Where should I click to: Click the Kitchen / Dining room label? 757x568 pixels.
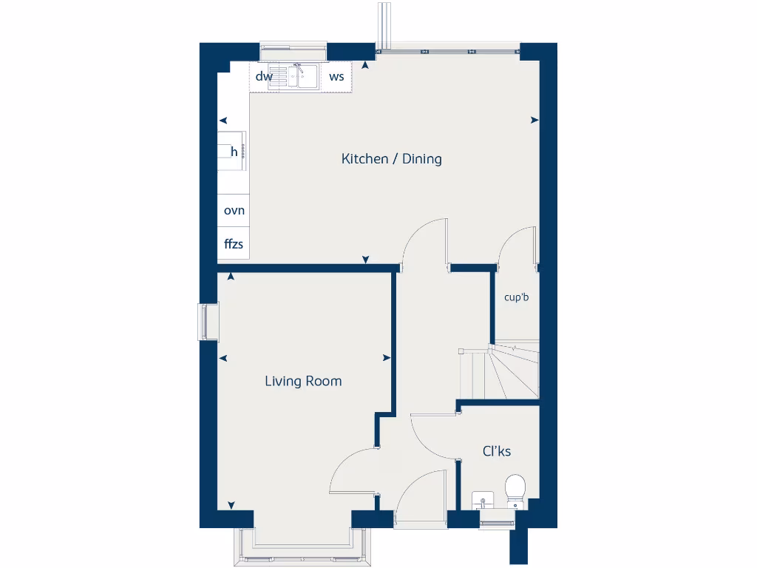point(391,159)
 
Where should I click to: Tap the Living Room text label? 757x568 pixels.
point(303,382)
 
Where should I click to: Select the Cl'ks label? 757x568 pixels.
point(497,451)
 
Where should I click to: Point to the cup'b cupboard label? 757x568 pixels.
point(517,298)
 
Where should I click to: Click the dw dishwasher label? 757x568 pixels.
point(264,76)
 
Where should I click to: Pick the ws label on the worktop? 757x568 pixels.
point(336,76)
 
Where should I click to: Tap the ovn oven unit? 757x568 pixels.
point(234,211)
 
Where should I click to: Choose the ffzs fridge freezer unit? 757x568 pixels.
point(234,243)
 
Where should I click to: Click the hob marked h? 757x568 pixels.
point(233,152)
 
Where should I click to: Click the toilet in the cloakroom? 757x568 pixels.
point(515,490)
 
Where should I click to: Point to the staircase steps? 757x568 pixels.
point(500,373)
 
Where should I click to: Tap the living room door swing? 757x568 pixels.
point(353,470)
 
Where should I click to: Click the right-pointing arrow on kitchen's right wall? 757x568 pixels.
point(534,120)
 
